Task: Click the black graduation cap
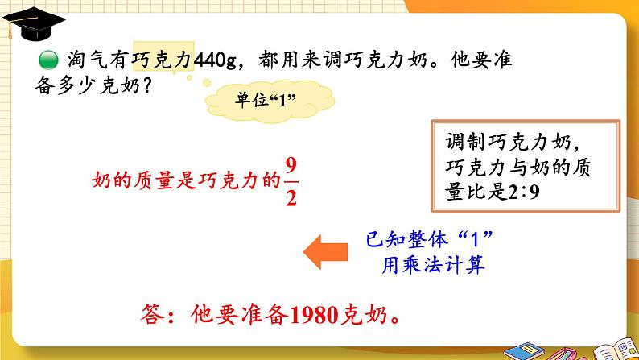pyautogui.click(x=34, y=23)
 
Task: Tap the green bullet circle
pyautogui.click(x=48, y=60)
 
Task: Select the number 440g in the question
pyautogui.click(x=215, y=60)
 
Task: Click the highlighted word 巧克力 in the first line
pyautogui.click(x=163, y=60)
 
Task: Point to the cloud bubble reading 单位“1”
pyautogui.click(x=270, y=101)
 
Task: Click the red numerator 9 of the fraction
pyautogui.click(x=291, y=166)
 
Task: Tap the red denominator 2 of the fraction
pyautogui.click(x=291, y=198)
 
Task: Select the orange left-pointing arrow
pyautogui.click(x=325, y=251)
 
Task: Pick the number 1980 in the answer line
pyautogui.click(x=314, y=315)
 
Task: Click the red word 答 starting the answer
pyautogui.click(x=152, y=314)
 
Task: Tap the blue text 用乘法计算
pyautogui.click(x=433, y=265)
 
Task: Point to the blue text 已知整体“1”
pyautogui.click(x=429, y=239)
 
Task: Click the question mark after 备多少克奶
pyautogui.click(x=146, y=85)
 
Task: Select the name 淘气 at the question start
pyautogui.click(x=88, y=60)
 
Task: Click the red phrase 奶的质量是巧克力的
pyautogui.click(x=186, y=180)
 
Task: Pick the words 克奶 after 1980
pyautogui.click(x=364, y=315)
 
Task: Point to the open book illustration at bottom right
pyautogui.click(x=616, y=350)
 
